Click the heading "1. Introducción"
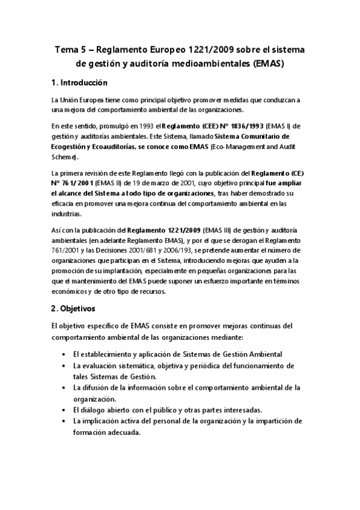click(79, 82)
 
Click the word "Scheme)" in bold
click(65, 157)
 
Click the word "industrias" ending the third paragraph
click(69, 215)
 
